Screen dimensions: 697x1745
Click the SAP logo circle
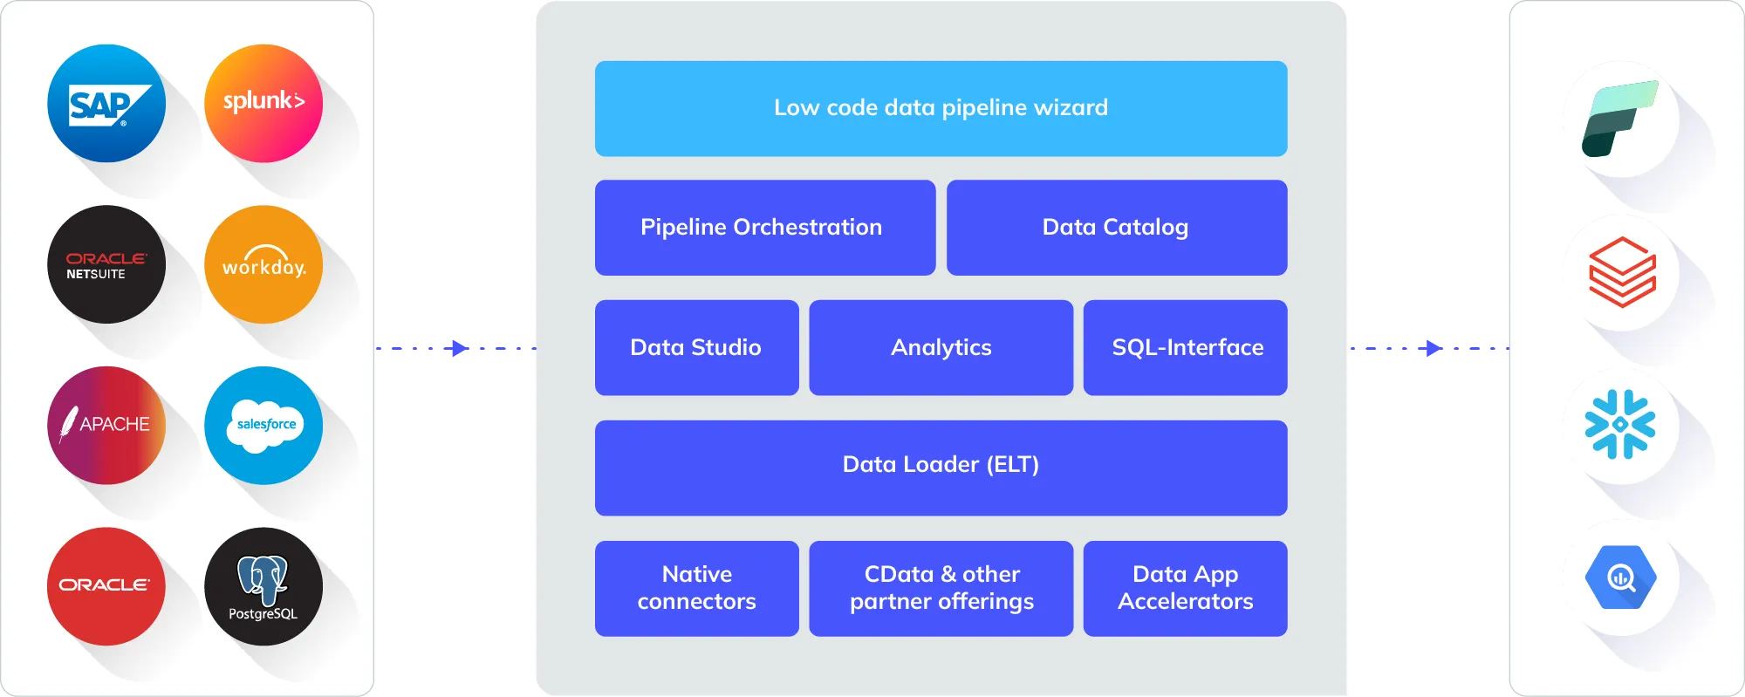(x=106, y=104)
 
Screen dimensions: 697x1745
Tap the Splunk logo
(x=263, y=104)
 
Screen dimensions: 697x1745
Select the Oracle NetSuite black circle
(x=106, y=264)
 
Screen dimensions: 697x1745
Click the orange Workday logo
(x=263, y=264)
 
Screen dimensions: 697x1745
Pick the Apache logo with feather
(x=106, y=426)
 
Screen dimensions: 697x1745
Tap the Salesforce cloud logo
(x=263, y=426)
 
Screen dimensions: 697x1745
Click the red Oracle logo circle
(x=106, y=586)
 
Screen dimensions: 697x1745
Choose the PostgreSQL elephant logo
(x=263, y=586)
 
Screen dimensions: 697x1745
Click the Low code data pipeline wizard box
(x=941, y=108)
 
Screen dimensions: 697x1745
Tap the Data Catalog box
(x=1116, y=228)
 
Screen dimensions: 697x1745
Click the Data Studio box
(x=696, y=348)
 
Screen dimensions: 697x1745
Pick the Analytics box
(x=941, y=348)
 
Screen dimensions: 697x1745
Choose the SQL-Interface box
(x=1185, y=348)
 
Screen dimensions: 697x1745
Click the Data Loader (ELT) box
(x=941, y=468)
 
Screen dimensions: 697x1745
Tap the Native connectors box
(x=696, y=588)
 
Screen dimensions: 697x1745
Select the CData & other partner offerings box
(x=941, y=588)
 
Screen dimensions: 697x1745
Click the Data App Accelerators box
(x=1185, y=588)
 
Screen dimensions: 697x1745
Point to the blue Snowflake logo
(x=1620, y=425)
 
